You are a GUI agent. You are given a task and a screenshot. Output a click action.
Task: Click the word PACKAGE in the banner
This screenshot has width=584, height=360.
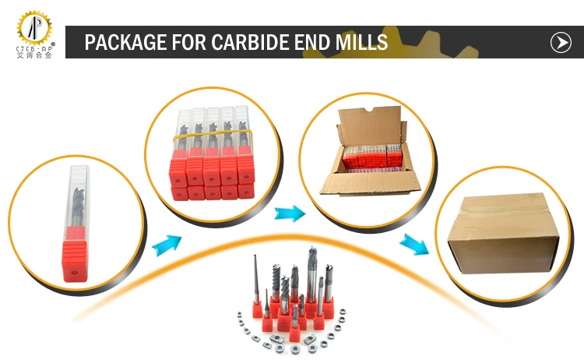[x=125, y=42]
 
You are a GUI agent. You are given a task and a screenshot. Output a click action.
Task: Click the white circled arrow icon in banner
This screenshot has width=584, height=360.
[x=561, y=42]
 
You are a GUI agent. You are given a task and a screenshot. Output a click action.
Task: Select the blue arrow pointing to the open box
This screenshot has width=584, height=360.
[x=287, y=212]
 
